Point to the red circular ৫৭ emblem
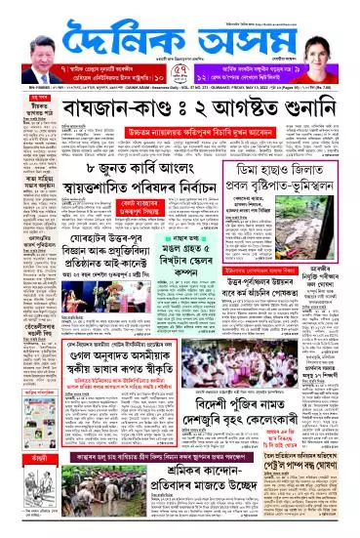pos(180,70)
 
